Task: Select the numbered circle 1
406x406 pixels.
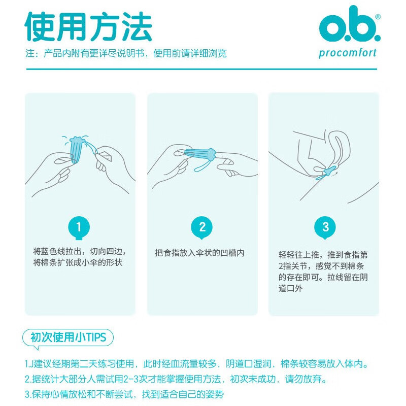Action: (79, 227)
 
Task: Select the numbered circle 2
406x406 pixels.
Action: (202, 227)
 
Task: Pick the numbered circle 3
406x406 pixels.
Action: (325, 227)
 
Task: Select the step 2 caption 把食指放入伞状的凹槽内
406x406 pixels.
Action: (199, 253)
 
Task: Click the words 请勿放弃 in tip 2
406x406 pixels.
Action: (309, 379)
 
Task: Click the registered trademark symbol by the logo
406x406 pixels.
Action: (377, 17)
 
